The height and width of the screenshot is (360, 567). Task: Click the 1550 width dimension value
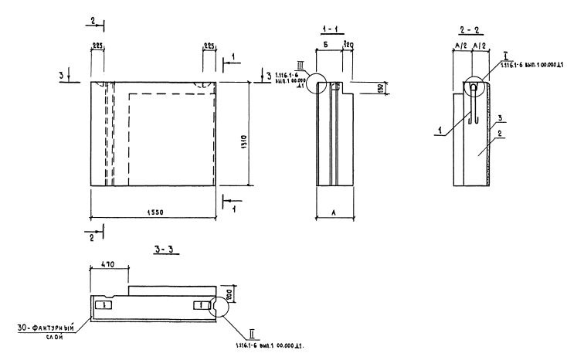pyautogui.click(x=154, y=211)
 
